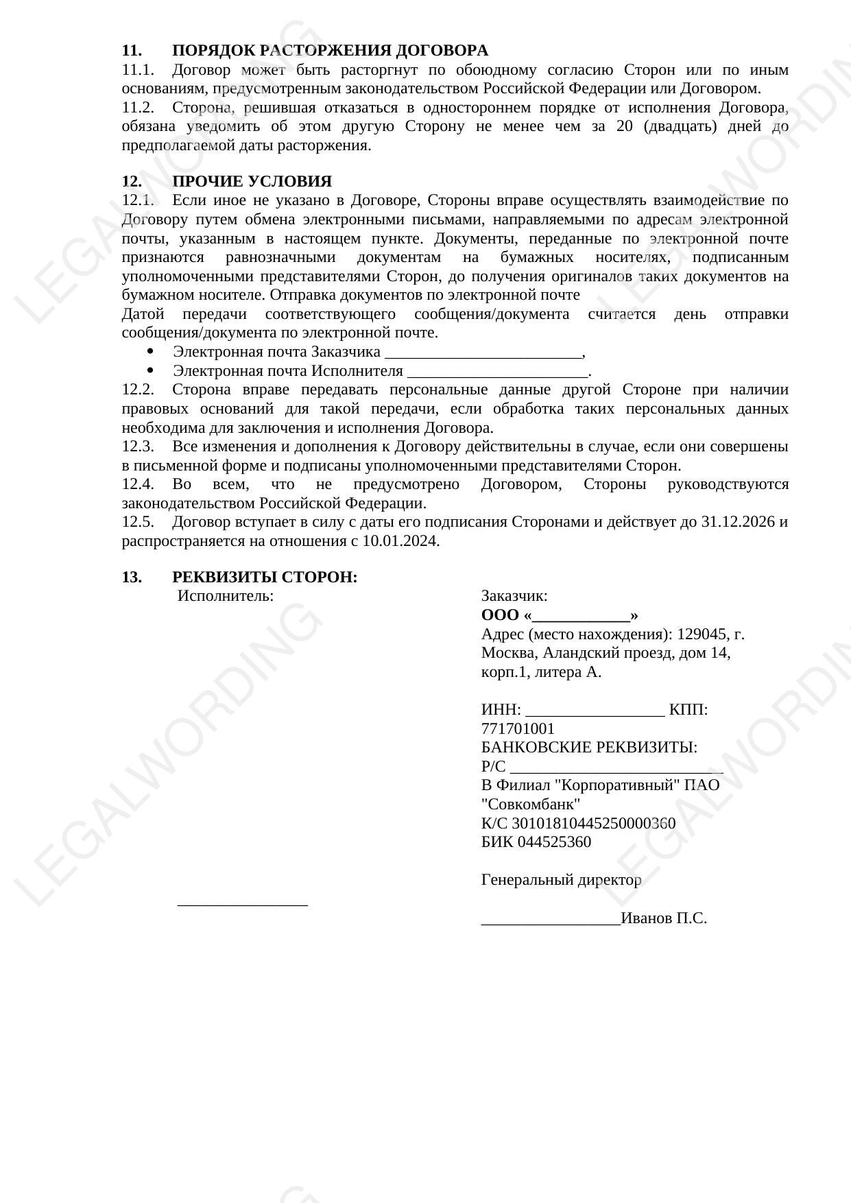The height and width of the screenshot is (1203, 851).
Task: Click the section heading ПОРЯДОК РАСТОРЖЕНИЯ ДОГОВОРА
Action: pos(330,51)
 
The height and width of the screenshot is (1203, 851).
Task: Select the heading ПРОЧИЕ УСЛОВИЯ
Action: pos(252,182)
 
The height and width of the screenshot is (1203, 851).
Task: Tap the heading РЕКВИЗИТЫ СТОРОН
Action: pos(265,577)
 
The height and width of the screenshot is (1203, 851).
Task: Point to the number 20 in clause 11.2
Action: pos(624,127)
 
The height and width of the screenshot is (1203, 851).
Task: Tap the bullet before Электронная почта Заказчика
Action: pos(151,352)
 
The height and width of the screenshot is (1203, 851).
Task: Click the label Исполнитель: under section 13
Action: pos(226,596)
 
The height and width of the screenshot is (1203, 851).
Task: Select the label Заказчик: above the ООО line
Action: pos(514,596)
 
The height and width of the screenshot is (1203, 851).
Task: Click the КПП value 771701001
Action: pos(518,729)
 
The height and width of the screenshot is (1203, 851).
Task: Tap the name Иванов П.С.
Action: pos(664,918)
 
